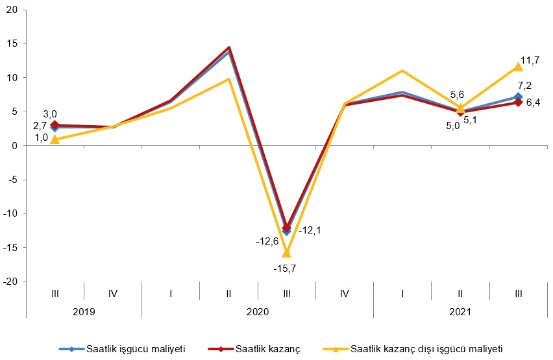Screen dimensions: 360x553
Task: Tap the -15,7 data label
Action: [x=286, y=267]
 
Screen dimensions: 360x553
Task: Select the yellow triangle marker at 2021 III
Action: [x=518, y=66]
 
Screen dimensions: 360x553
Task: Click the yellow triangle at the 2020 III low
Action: [x=286, y=252]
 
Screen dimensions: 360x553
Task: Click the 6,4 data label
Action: [x=534, y=102]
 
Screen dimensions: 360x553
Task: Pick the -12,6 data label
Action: [x=266, y=242]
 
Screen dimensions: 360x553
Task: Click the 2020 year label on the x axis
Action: [x=257, y=311]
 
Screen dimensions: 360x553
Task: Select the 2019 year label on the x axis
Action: [x=84, y=311]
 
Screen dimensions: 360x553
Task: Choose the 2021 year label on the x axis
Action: [x=460, y=311]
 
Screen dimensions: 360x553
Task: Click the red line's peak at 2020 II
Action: [x=228, y=47]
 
